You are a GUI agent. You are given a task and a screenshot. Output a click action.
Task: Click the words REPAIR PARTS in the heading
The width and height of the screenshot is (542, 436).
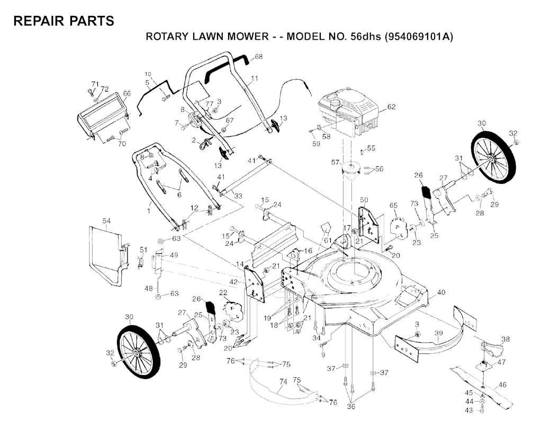click(64, 21)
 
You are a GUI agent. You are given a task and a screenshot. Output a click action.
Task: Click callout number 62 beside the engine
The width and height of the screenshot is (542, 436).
click(391, 107)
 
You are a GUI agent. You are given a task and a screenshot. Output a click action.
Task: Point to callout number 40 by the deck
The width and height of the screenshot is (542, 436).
click(441, 292)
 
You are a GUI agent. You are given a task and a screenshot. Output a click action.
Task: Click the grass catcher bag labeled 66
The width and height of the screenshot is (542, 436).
click(103, 114)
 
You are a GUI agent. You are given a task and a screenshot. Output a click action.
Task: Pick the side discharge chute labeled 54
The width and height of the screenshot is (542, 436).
click(106, 254)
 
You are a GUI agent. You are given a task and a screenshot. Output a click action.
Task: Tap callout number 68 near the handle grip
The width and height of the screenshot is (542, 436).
click(258, 57)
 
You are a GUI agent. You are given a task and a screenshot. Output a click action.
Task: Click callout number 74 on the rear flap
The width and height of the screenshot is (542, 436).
click(283, 381)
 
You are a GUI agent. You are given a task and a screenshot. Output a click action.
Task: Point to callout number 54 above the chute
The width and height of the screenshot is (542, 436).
click(106, 220)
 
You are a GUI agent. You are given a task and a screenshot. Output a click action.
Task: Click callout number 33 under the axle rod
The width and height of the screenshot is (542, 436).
click(238, 196)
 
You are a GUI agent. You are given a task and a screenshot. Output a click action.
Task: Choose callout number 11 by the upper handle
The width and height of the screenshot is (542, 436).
click(255, 78)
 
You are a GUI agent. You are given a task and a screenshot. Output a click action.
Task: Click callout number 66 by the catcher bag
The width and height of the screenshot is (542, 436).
click(127, 93)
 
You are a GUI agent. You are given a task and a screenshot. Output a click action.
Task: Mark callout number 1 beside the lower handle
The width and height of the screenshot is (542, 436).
click(149, 211)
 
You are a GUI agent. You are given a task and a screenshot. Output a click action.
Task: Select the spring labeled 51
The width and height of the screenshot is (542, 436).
click(141, 261)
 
